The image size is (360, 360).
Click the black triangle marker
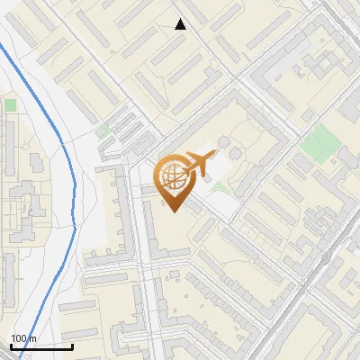[180, 24]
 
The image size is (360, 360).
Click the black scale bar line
[41, 346]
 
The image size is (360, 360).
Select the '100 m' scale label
[23, 338]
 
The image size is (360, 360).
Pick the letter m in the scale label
[32, 338]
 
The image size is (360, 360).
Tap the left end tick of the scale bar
[11, 345]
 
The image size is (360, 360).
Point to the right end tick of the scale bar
[72, 345]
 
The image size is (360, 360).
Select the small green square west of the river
[10, 105]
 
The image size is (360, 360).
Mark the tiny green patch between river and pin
[105, 130]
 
